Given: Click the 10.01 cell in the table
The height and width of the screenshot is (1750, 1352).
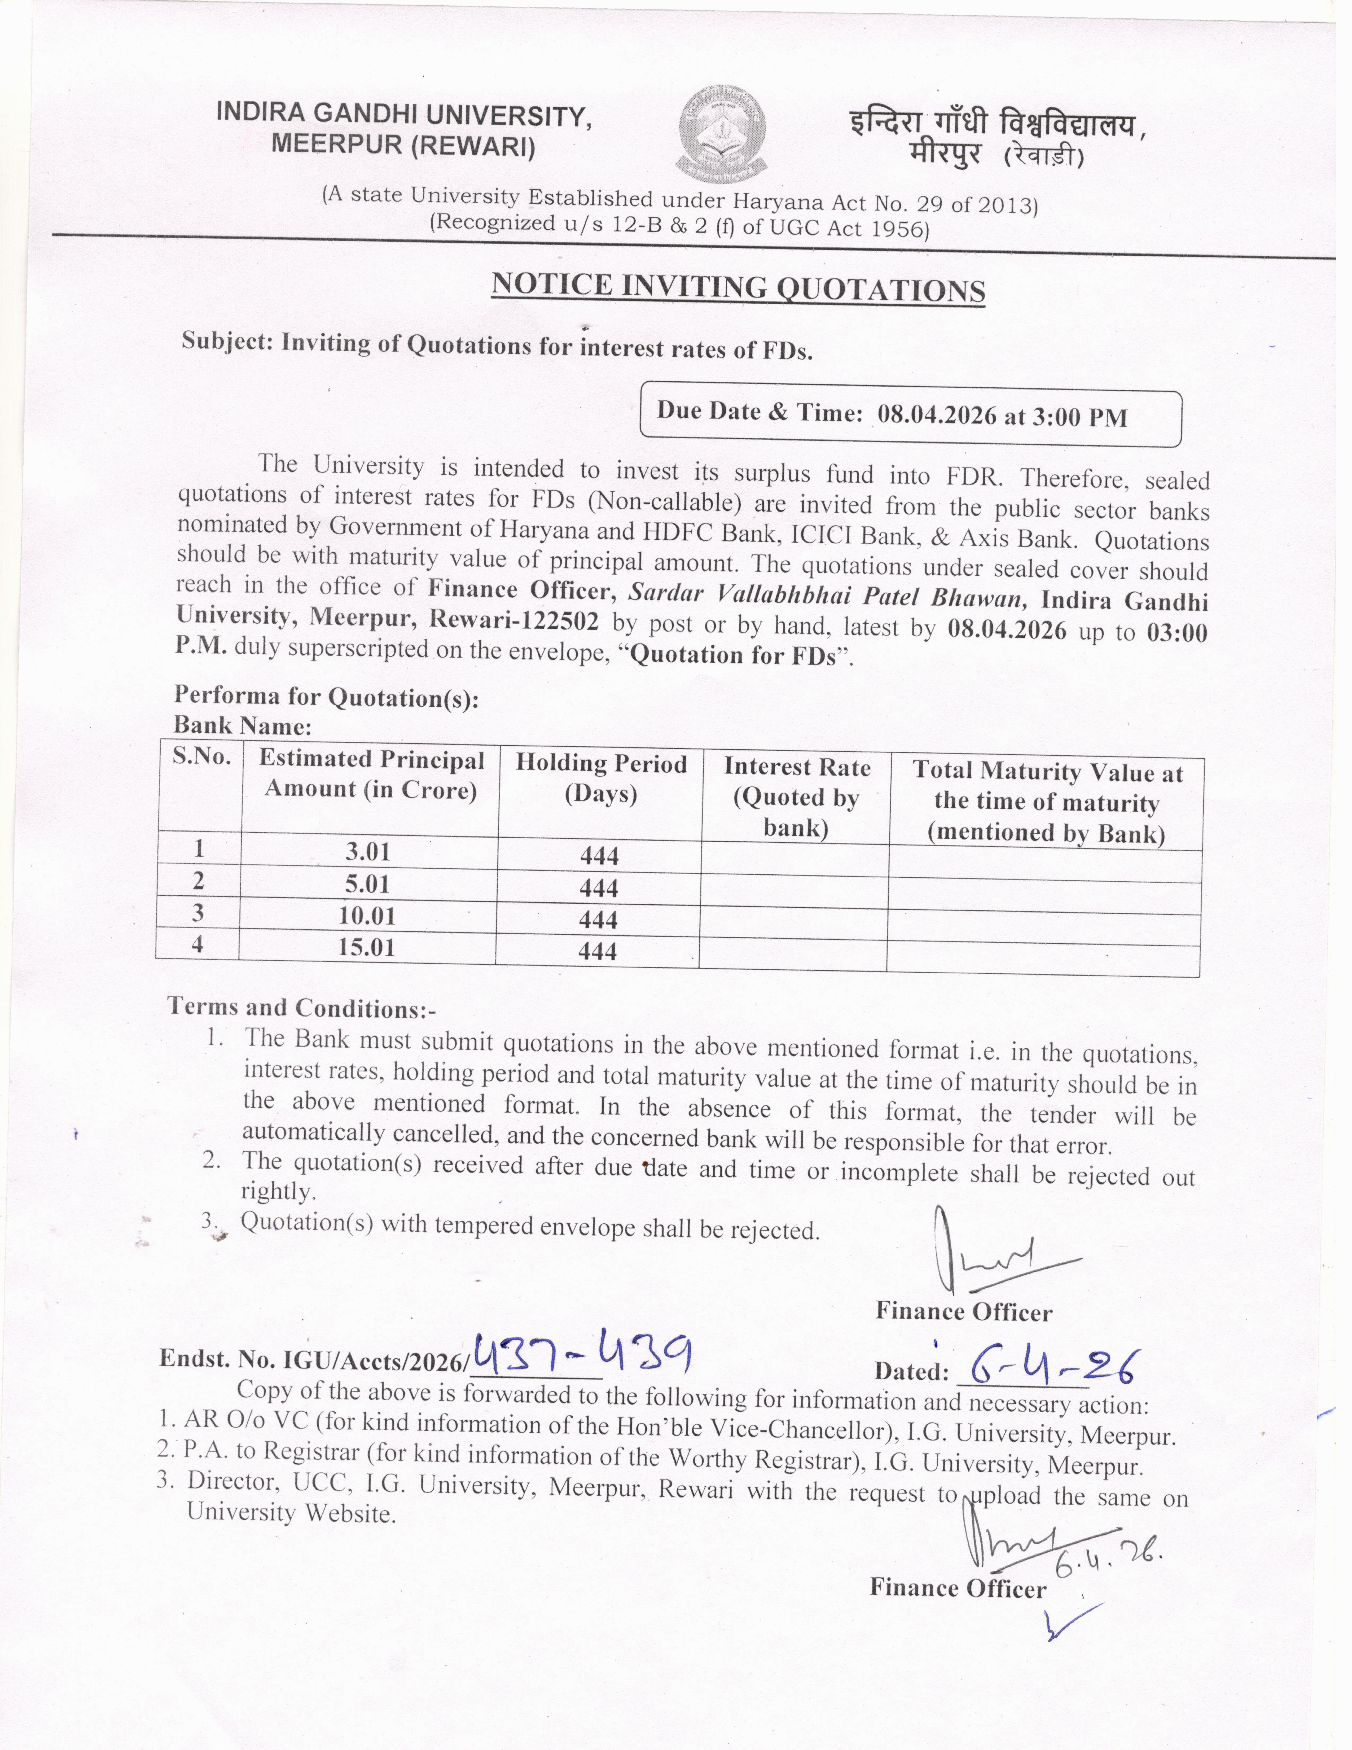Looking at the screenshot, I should (367, 916).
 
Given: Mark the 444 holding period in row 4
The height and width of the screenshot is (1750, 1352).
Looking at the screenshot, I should (598, 951).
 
